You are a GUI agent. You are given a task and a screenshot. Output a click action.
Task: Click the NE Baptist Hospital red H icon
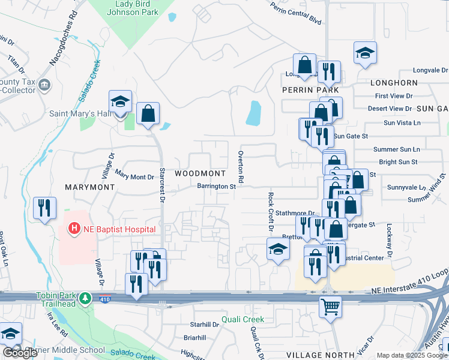(x=74, y=229)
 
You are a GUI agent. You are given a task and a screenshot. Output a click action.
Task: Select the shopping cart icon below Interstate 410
(x=330, y=307)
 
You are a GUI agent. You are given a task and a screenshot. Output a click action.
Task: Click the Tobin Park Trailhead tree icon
(x=85, y=298)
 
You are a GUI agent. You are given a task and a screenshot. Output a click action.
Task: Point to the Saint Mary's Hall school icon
(x=120, y=101)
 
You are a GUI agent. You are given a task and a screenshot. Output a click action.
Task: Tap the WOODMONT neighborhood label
(x=200, y=173)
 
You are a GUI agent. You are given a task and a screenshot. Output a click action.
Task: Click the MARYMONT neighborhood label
(x=90, y=187)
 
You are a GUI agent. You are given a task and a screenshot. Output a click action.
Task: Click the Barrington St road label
(x=216, y=186)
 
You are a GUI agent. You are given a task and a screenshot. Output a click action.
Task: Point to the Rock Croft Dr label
(x=271, y=212)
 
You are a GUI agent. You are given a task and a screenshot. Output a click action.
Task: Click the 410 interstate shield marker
(x=106, y=298)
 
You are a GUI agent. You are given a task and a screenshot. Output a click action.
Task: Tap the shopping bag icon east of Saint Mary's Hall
(x=148, y=113)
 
